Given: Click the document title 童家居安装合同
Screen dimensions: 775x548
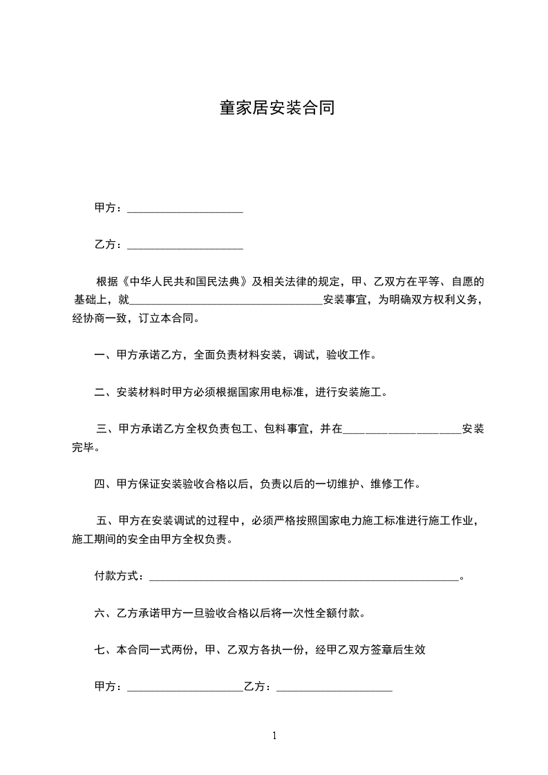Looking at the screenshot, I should pyautogui.click(x=277, y=108).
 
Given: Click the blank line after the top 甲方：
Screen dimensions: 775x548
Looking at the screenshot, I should pyautogui.click(x=185, y=210).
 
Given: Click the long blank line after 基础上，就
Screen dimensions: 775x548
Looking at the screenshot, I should pyautogui.click(x=225, y=302).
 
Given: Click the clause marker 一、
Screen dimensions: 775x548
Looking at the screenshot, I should pyautogui.click(x=104, y=356).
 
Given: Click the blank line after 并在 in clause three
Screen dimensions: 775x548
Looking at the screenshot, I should pyautogui.click(x=401, y=431).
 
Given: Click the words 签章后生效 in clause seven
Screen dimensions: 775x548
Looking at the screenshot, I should pyautogui.click(x=395, y=650).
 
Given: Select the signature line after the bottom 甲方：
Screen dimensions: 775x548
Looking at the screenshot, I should pyautogui.click(x=185, y=689).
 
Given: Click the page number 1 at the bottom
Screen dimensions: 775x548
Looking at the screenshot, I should pyautogui.click(x=274, y=736).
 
